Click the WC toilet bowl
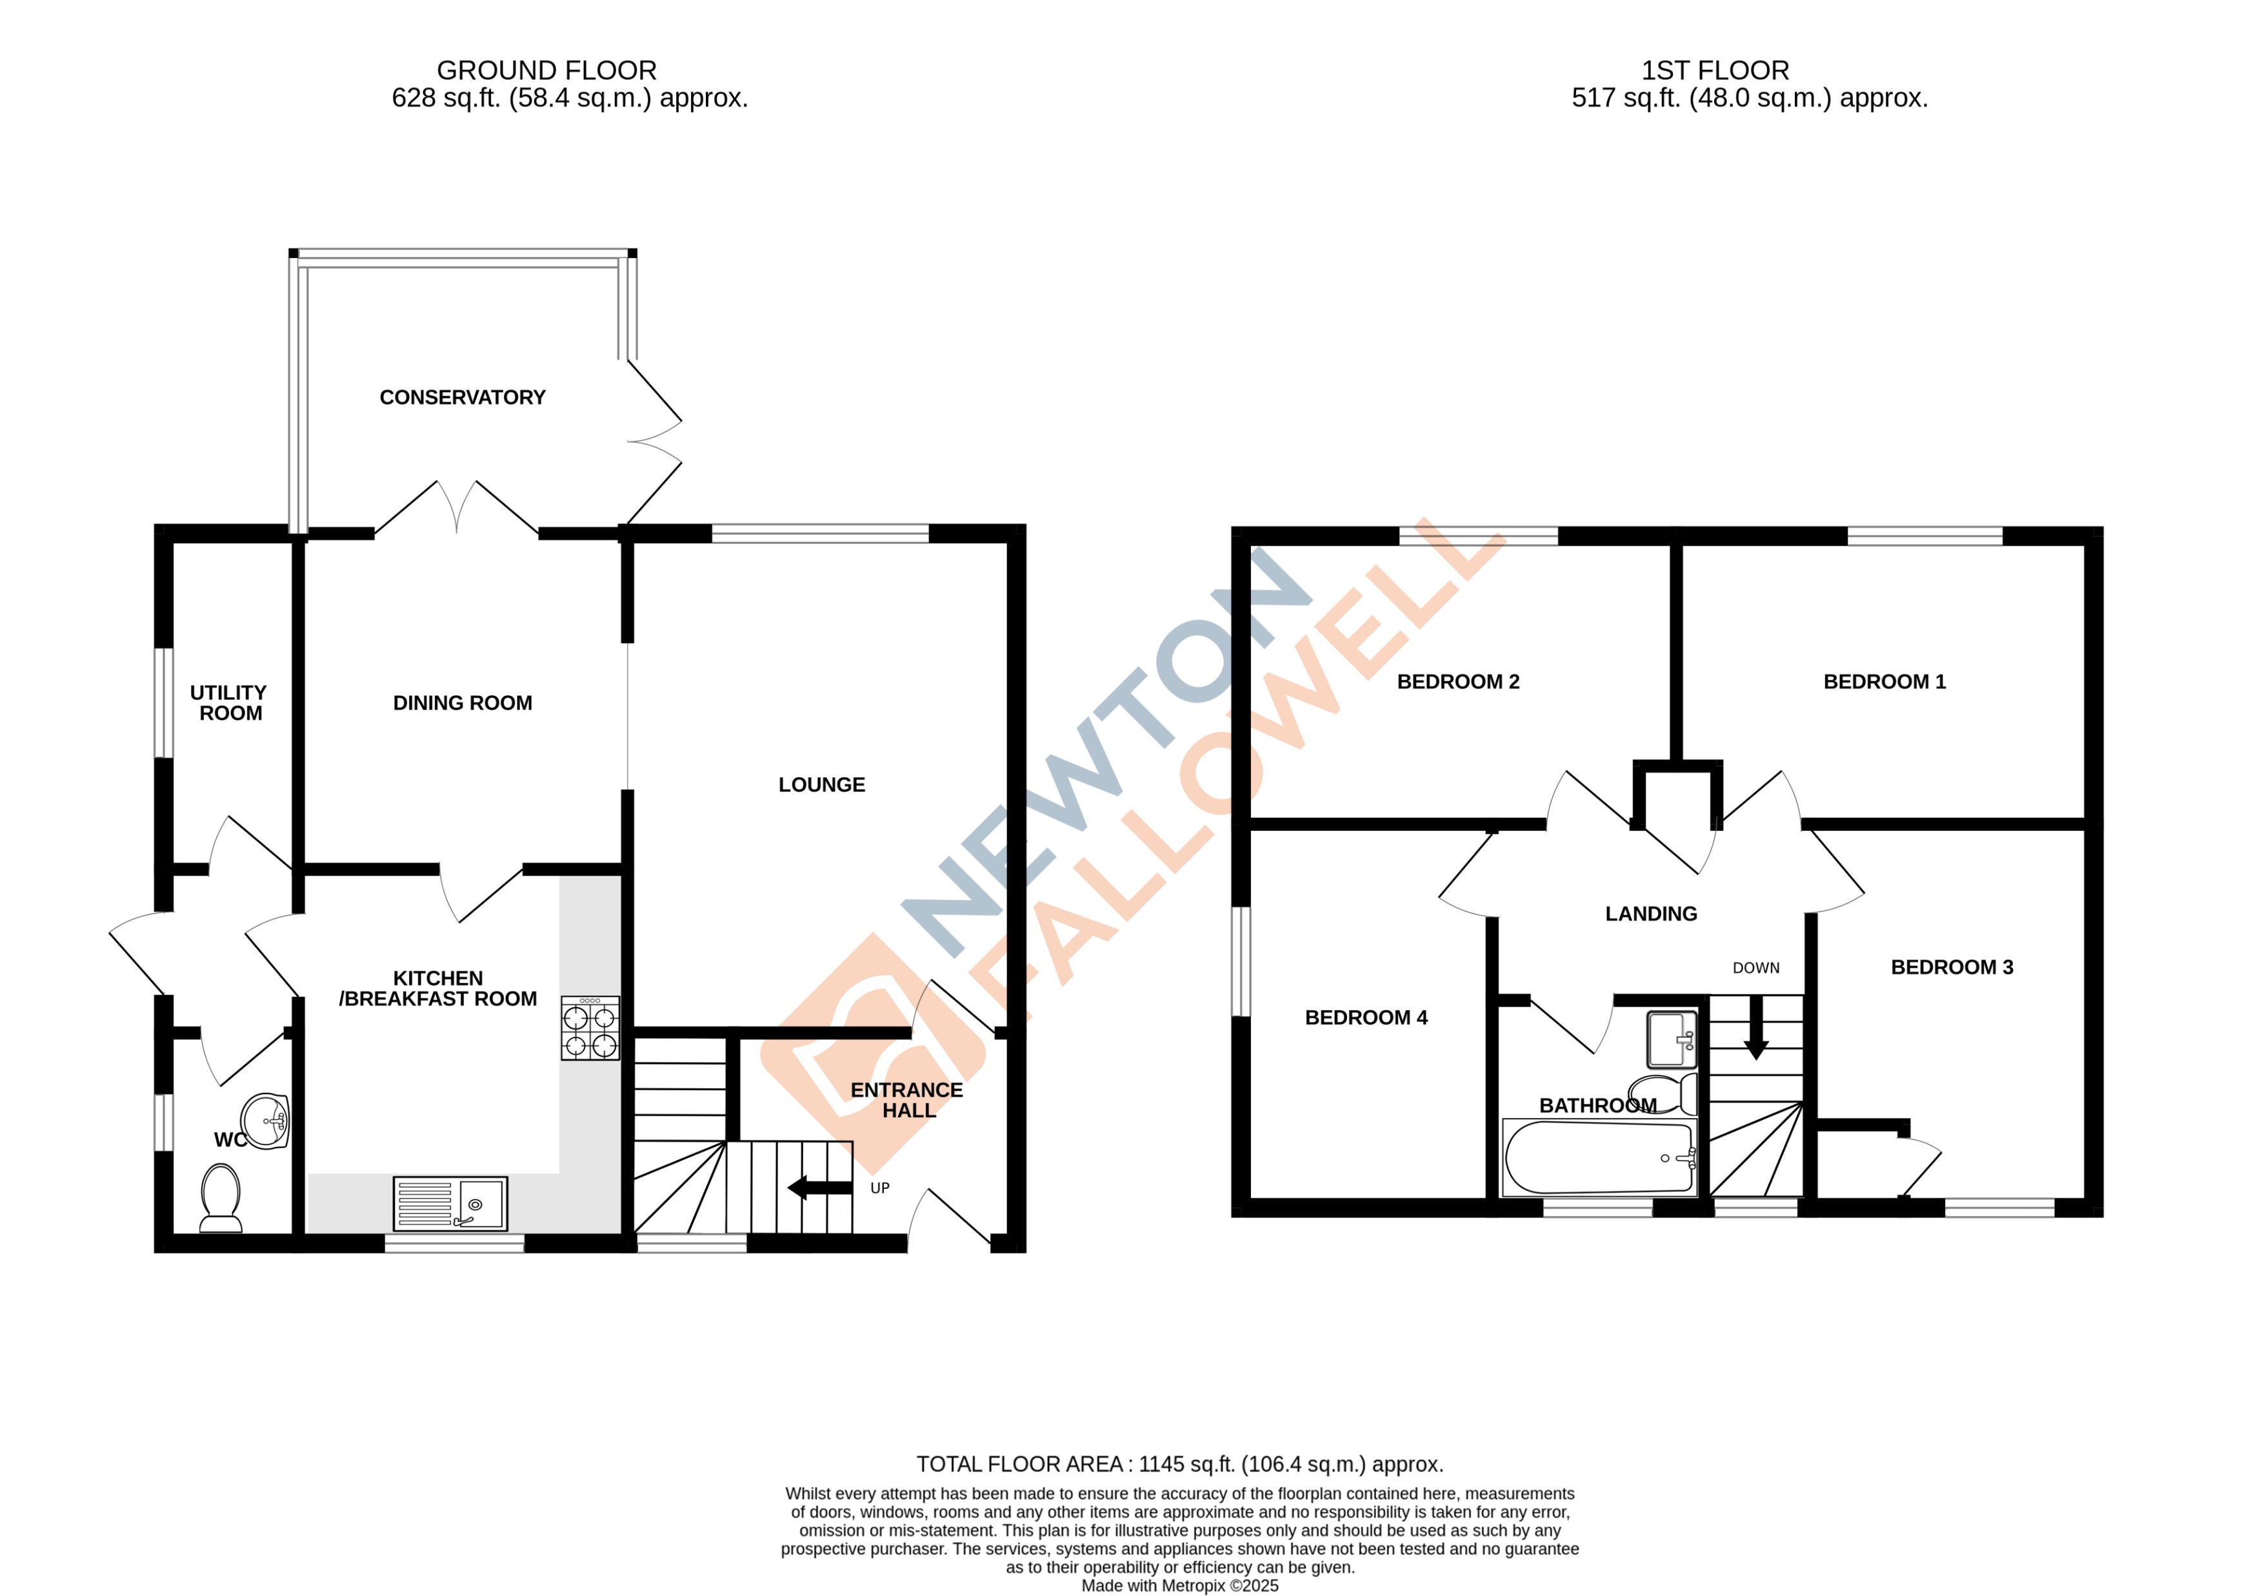(220, 1194)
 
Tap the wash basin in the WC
(266, 1121)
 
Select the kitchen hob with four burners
(590, 1028)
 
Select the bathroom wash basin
(1672, 1039)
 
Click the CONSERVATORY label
(462, 397)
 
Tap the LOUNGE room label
(821, 784)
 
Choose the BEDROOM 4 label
(1365, 1018)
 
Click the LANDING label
(1650, 913)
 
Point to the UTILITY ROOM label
(229, 703)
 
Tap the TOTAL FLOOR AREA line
(1179, 1464)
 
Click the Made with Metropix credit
(1179, 1585)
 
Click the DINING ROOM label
(462, 703)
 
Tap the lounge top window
(819, 534)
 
